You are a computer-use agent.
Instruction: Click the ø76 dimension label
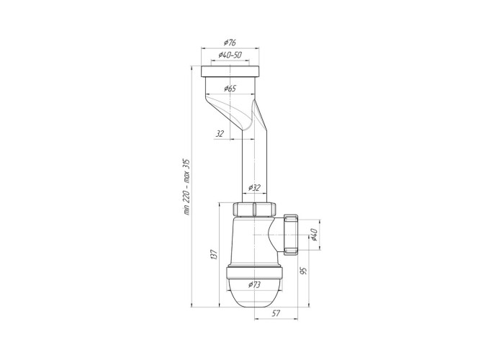click(230, 42)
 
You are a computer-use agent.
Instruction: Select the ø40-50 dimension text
click(230, 55)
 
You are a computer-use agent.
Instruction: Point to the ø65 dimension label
click(230, 89)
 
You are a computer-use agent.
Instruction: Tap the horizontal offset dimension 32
click(220, 134)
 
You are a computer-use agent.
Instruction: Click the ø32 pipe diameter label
click(255, 188)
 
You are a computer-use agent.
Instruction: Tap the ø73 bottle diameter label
click(255, 284)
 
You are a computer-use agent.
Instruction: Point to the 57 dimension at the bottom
click(276, 313)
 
